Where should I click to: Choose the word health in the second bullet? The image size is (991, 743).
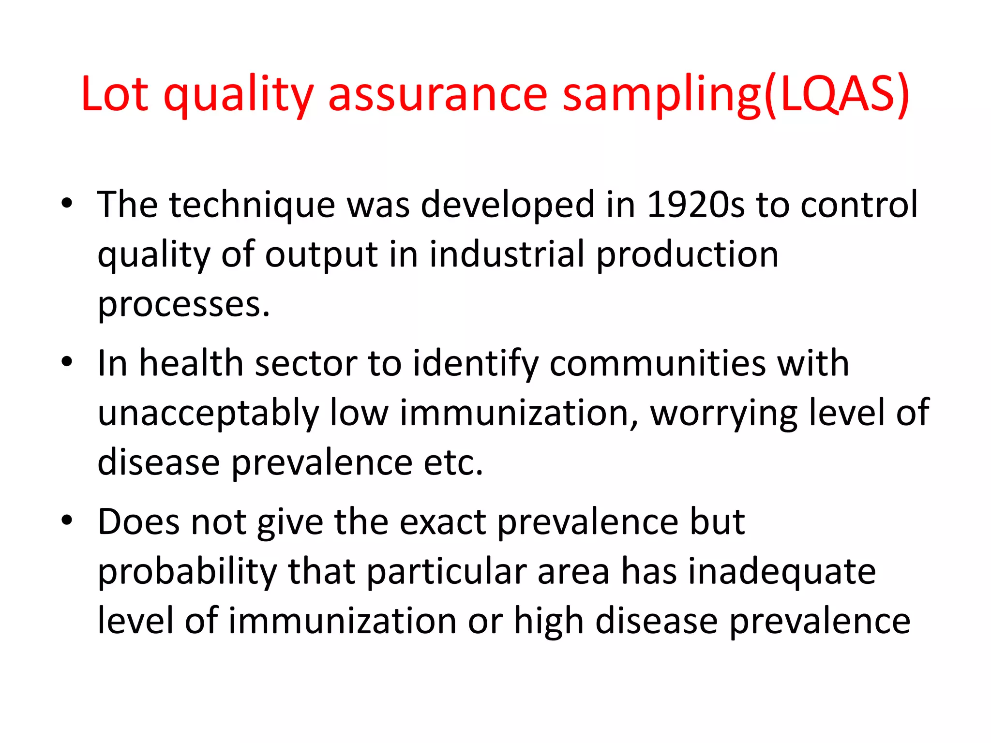pos(191,363)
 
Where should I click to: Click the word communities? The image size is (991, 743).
pos(658,363)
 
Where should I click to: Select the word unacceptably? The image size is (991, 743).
pos(209,414)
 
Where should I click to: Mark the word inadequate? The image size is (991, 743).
pos(782,573)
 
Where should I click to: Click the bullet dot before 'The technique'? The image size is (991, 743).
pos(67,204)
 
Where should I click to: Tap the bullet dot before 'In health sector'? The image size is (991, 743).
pos(67,362)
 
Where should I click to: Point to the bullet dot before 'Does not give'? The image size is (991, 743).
pos(67,520)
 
